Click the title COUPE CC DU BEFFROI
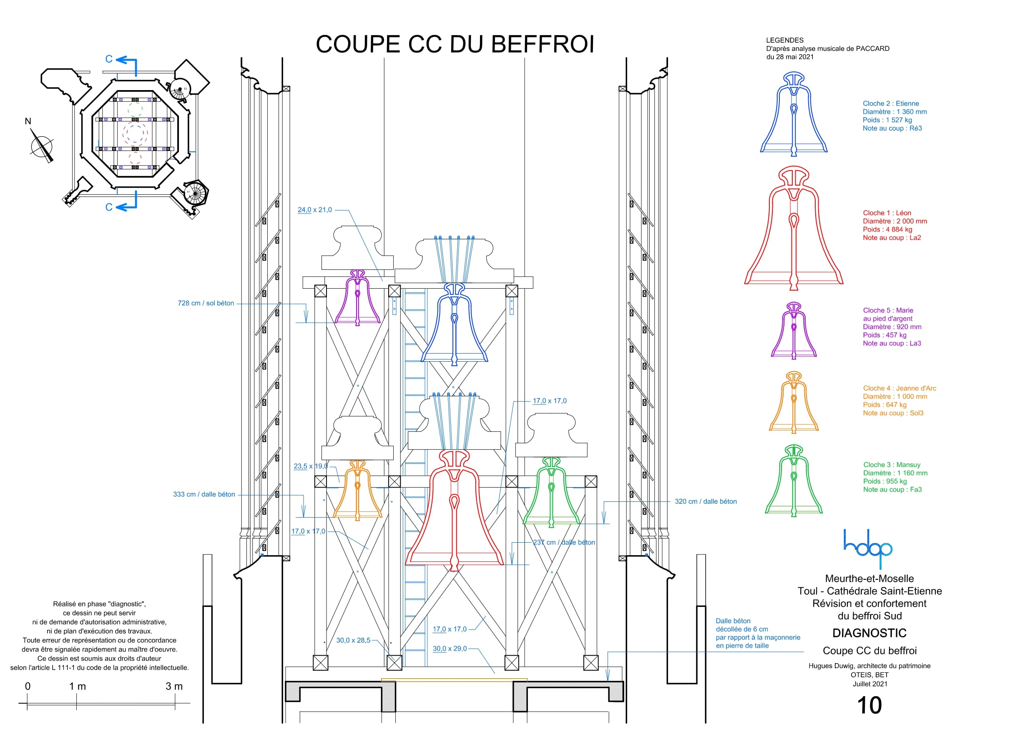point(455,44)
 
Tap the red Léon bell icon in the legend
point(794,230)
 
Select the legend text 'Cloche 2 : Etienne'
point(890,104)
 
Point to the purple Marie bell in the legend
point(794,332)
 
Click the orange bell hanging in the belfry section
point(357,492)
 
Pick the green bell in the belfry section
point(551,494)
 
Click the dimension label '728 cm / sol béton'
point(206,303)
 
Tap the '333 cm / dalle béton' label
point(204,494)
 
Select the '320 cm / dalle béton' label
point(706,501)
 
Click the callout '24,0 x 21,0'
point(315,210)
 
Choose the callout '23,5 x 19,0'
point(311,466)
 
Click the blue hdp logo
point(868,548)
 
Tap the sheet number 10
point(869,705)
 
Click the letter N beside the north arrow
point(28,121)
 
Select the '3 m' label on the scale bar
point(174,687)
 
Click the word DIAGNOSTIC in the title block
point(869,633)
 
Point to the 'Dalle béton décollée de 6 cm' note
point(757,633)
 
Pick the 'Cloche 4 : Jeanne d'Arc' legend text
point(899,388)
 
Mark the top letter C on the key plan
point(109,59)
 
